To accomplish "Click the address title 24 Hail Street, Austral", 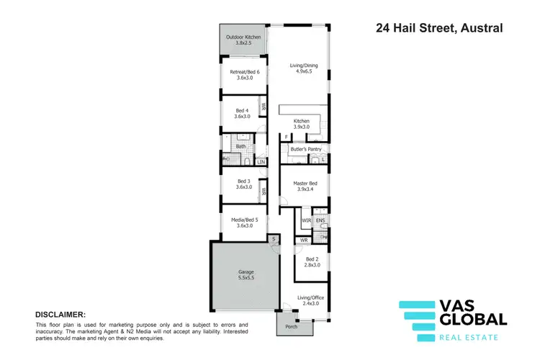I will (x=439, y=29).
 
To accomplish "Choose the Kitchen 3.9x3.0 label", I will (x=301, y=124).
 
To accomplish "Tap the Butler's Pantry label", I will (x=305, y=149).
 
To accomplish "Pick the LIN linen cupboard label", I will (x=261, y=162).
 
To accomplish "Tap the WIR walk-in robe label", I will (x=306, y=220).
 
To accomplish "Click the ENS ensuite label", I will (x=321, y=220).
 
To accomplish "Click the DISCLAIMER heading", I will (x=61, y=315).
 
